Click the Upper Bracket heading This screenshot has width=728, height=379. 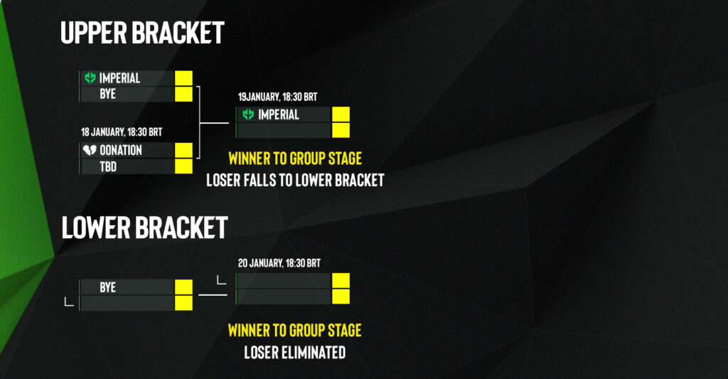[x=142, y=33]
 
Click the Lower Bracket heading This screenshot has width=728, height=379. [x=144, y=227]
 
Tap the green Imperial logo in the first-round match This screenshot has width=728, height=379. [x=90, y=78]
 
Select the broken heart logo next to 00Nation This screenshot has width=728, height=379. [x=90, y=150]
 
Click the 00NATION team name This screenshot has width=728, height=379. [x=121, y=150]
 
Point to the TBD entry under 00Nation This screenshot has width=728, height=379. [x=108, y=166]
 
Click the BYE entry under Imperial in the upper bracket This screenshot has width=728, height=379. [x=108, y=94]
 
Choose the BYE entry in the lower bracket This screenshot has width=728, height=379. [x=108, y=287]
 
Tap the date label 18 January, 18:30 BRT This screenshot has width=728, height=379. [x=122, y=132]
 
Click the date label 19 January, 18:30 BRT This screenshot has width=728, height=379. [x=278, y=97]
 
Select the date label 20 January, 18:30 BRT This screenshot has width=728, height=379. [x=279, y=263]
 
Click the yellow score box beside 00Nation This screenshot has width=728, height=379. [x=183, y=150]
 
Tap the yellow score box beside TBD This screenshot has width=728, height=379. [x=183, y=166]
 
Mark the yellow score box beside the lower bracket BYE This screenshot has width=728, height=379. [x=183, y=287]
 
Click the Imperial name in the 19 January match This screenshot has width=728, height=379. [x=279, y=114]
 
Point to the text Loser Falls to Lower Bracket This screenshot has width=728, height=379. [x=295, y=180]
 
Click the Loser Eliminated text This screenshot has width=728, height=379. [x=295, y=352]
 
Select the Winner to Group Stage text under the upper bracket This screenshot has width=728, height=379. [x=295, y=159]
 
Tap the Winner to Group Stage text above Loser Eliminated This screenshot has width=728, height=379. [x=295, y=330]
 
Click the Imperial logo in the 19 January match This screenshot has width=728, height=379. [x=248, y=114]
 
